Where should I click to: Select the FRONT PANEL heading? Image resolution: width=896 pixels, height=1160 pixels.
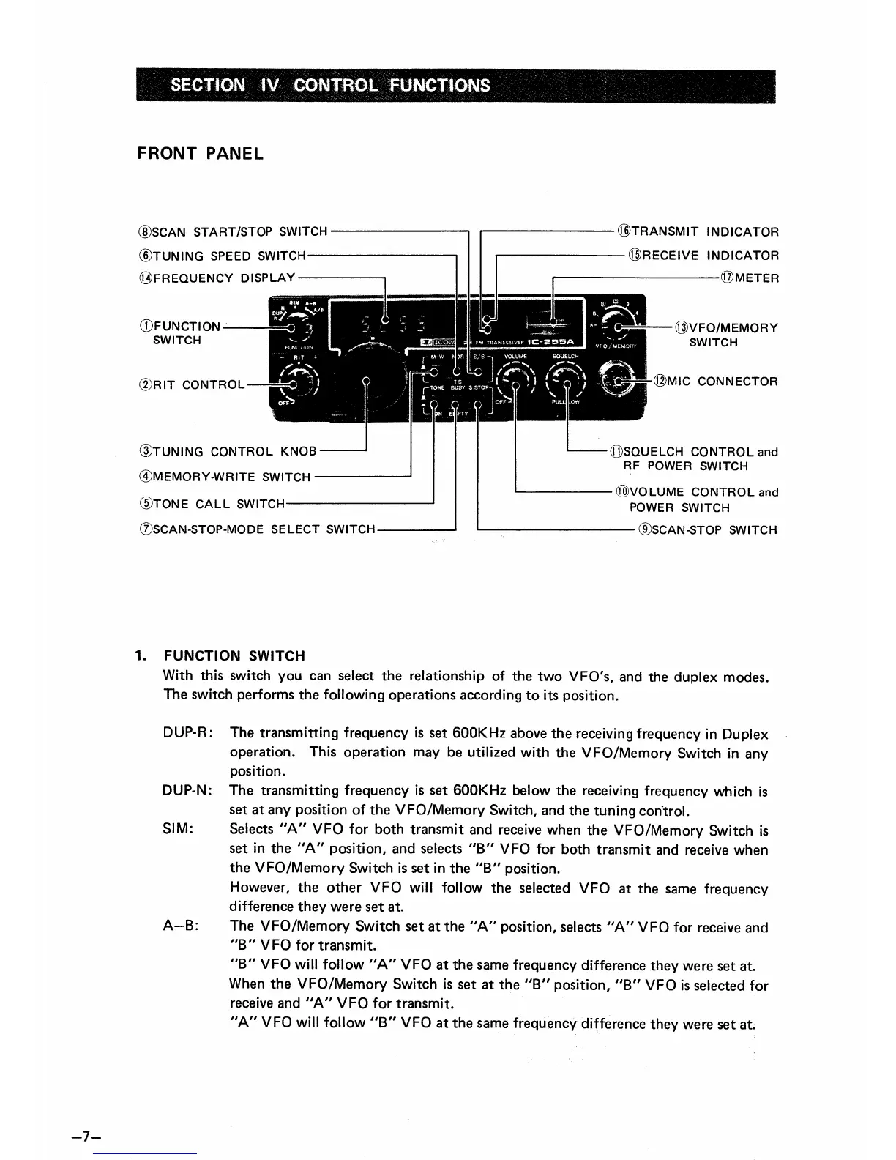coord(200,155)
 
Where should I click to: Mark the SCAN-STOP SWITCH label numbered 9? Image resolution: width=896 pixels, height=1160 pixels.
coord(708,529)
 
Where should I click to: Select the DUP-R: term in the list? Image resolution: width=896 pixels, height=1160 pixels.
coord(188,733)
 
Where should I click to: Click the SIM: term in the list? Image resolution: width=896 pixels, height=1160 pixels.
coord(178,830)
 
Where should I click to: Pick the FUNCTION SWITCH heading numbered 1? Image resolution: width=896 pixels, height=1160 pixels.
coord(234,655)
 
